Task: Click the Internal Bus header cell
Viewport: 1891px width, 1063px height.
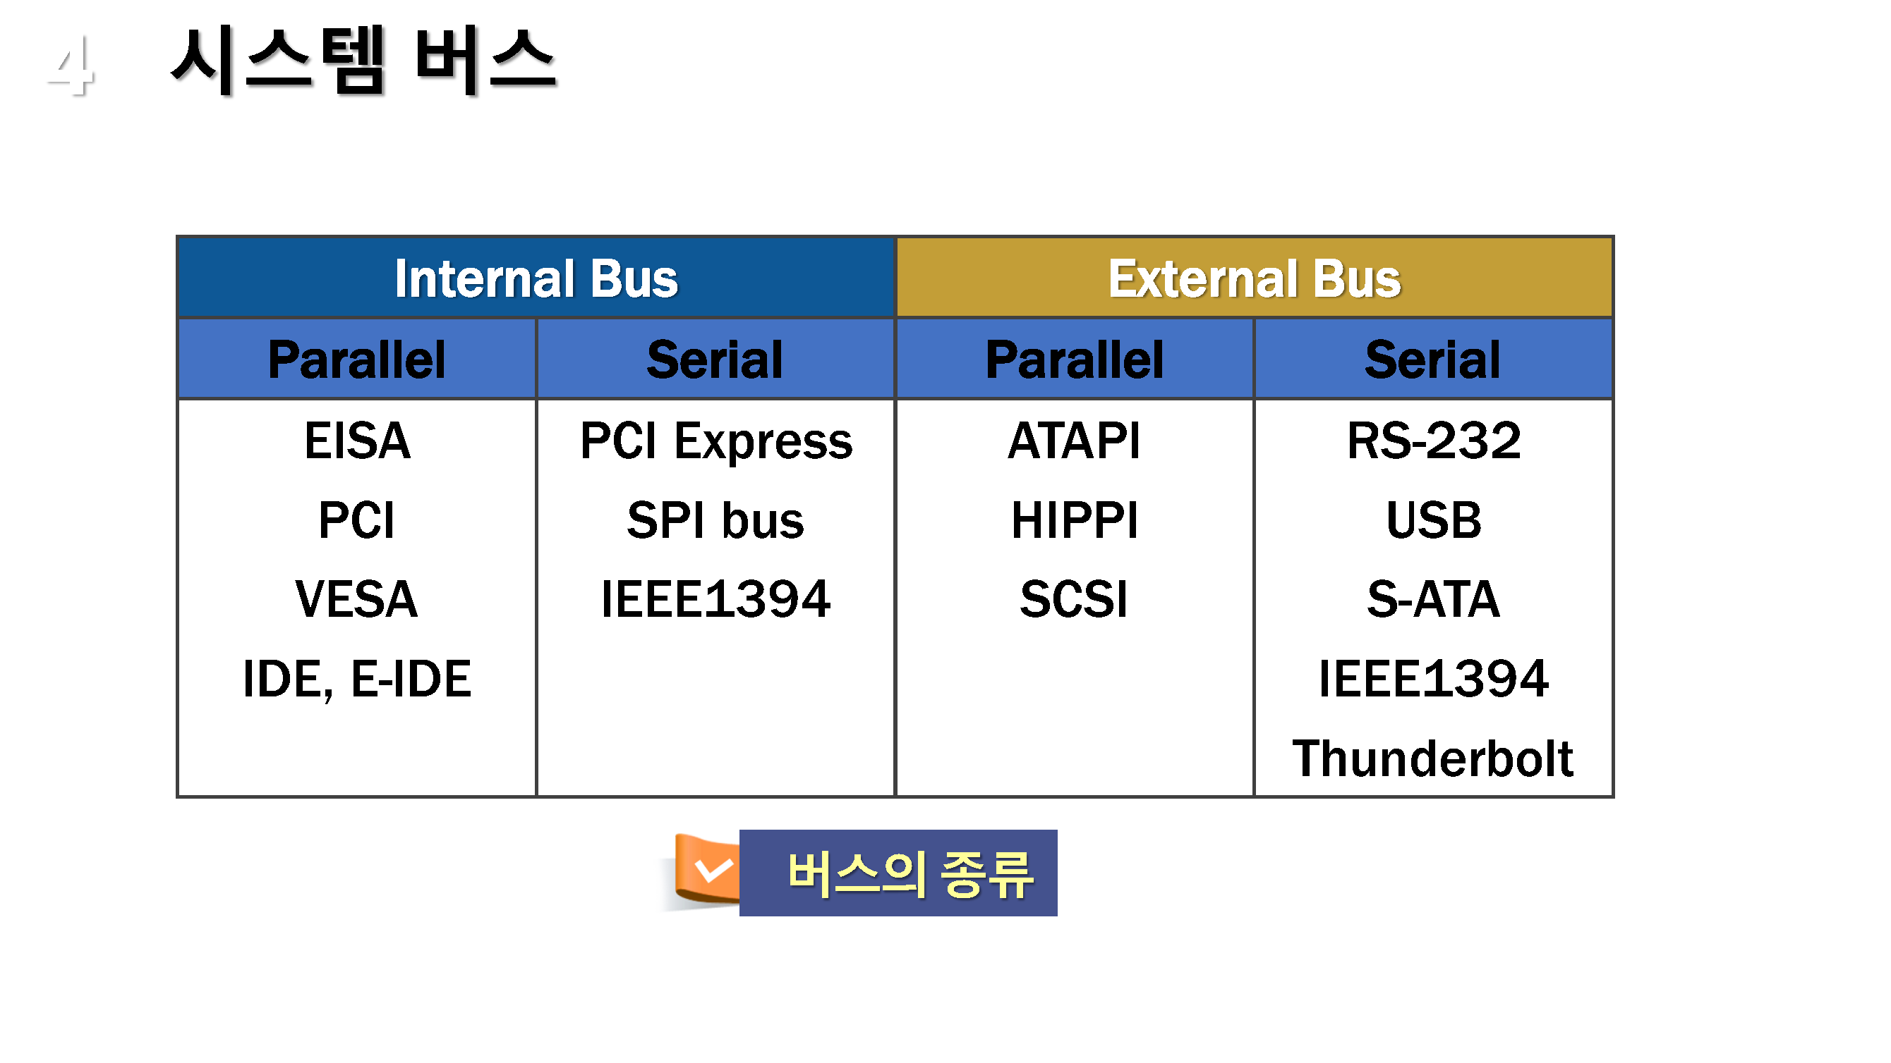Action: (x=536, y=278)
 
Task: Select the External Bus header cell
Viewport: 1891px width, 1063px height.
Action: (x=1254, y=278)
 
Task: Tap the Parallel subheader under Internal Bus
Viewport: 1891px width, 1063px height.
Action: (x=357, y=359)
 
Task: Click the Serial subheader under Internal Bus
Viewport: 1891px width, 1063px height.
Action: (x=715, y=359)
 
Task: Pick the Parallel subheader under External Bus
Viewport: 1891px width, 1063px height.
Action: (x=1074, y=359)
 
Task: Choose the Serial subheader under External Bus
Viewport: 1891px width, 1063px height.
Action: (x=1432, y=359)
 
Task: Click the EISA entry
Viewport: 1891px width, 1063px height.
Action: (x=357, y=441)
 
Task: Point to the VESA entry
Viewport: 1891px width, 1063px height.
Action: (x=357, y=598)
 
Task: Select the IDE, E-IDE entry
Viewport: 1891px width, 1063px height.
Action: (x=357, y=680)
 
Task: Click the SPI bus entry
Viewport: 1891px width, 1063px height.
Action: (x=715, y=520)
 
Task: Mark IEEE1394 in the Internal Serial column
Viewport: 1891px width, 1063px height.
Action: (x=715, y=598)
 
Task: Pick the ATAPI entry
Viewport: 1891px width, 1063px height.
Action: (x=1074, y=441)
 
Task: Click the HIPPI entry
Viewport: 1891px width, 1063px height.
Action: (x=1074, y=520)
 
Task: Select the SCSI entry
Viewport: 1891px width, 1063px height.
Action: (x=1074, y=598)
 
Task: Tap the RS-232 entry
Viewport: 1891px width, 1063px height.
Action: (x=1434, y=441)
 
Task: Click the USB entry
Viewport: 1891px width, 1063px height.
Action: (x=1434, y=520)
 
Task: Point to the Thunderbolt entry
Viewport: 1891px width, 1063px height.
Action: (x=1433, y=758)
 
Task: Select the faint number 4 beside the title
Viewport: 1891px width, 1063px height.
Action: (x=71, y=66)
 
